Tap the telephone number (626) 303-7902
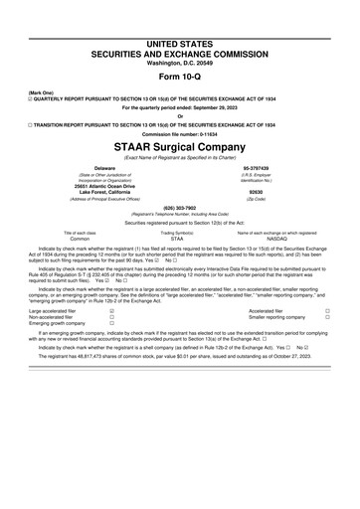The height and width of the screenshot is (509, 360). click(179, 208)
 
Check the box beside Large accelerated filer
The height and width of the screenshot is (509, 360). click(112, 338)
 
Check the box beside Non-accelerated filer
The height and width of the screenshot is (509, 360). click(112, 345)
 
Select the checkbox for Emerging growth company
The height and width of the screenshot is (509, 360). click(112, 352)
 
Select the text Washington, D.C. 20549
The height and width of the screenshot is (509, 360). click(179, 38)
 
